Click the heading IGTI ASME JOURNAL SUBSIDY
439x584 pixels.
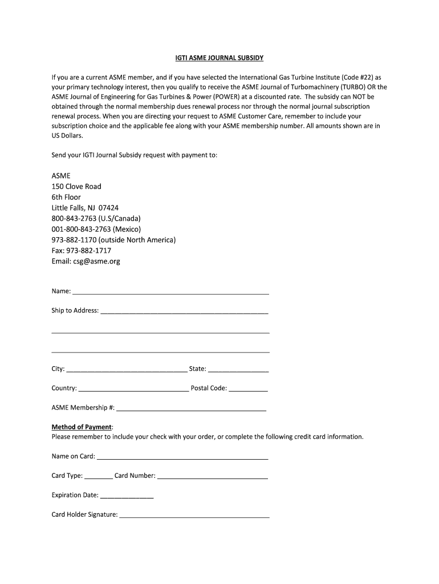coord(219,58)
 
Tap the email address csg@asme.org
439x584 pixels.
coord(96,261)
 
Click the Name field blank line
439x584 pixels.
coord(170,293)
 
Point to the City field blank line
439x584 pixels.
coord(127,371)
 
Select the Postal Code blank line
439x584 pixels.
coord(249,390)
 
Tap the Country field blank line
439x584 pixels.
coord(133,390)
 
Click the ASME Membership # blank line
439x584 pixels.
coord(191,409)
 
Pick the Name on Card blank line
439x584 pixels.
coord(182,458)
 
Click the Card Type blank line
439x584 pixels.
coord(99,477)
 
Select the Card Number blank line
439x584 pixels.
coord(212,477)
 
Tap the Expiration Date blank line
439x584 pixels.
coord(127,497)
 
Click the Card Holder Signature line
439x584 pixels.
coord(194,516)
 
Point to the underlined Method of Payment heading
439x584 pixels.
coord(82,427)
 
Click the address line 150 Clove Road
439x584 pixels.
coord(76,186)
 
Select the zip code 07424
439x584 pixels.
coord(108,208)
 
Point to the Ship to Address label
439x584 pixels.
coord(75,311)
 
